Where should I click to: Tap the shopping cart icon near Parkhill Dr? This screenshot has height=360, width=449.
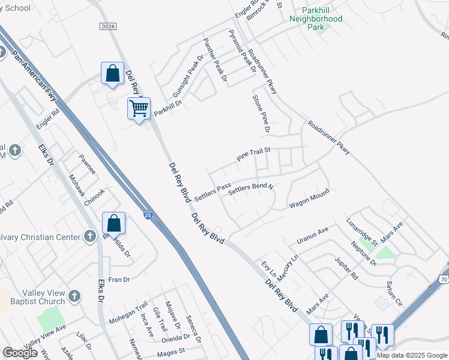click(139, 109)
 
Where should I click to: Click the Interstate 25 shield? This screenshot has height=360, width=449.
click(148, 214)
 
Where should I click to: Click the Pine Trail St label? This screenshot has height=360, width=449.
click(255, 155)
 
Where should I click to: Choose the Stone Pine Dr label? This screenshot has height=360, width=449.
click(262, 113)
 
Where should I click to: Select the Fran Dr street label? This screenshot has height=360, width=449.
click(119, 280)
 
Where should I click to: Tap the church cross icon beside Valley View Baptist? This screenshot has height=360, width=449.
click(74, 296)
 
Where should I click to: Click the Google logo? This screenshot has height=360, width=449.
click(20, 353)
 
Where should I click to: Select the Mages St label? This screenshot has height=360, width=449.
click(171, 353)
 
